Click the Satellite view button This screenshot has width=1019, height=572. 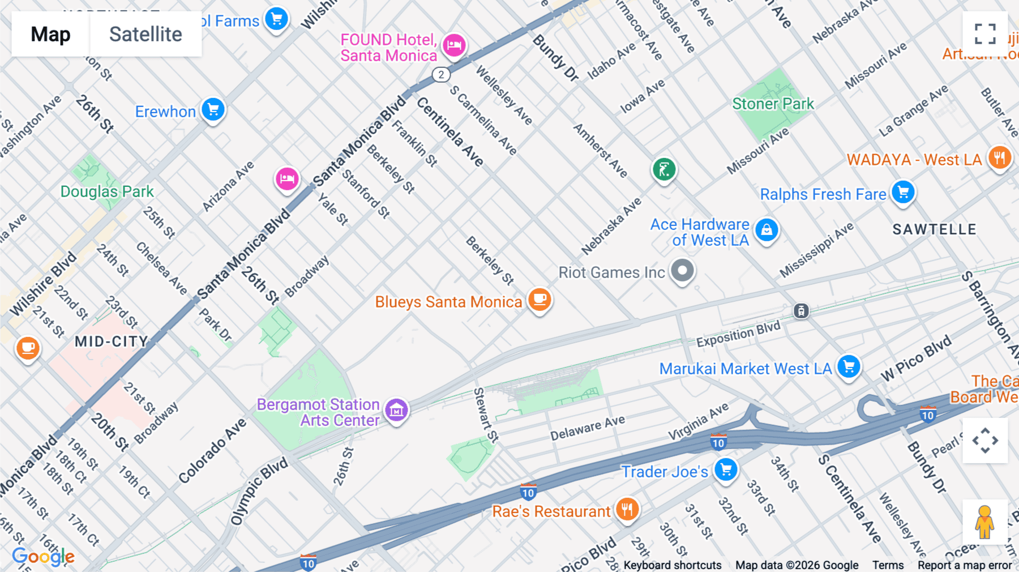tap(145, 34)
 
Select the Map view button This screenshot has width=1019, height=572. tap(50, 34)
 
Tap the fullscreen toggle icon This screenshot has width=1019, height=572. tap(985, 34)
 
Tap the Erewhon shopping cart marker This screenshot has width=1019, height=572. tap(213, 109)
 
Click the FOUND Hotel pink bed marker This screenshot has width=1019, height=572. tap(454, 45)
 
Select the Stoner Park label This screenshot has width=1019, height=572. tap(773, 104)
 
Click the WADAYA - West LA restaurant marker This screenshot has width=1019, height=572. tap(1000, 158)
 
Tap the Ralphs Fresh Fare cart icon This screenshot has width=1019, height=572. tap(903, 192)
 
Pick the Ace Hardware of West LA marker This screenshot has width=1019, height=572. tap(767, 230)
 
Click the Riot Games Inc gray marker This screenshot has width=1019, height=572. tap(682, 271)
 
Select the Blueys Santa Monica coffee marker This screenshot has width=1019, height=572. tap(540, 299)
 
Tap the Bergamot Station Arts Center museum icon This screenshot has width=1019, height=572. tap(396, 410)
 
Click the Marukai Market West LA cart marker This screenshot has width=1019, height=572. tap(849, 366)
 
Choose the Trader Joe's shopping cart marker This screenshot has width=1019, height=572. tap(726, 469)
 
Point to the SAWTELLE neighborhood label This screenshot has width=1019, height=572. tap(934, 229)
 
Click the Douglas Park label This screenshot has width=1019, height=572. tap(107, 191)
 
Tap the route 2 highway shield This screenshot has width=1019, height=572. tap(441, 74)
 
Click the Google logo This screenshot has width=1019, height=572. tap(43, 557)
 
